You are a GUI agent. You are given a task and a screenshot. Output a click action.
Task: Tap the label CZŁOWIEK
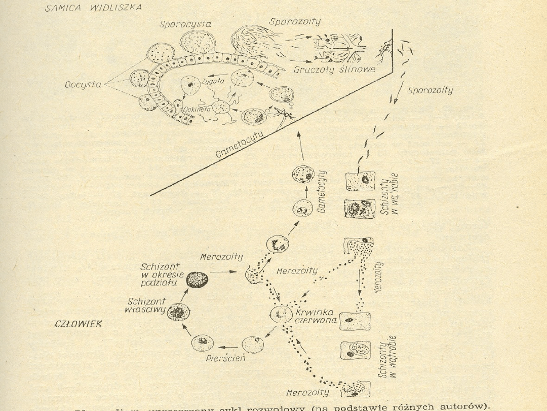pyautogui.click(x=79, y=324)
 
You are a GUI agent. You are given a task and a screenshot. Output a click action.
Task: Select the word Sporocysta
pyautogui.click(x=185, y=24)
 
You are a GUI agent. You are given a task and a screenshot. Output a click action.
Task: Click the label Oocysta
pyautogui.click(x=83, y=86)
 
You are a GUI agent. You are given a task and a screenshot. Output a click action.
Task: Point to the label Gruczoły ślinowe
pyautogui.click(x=335, y=70)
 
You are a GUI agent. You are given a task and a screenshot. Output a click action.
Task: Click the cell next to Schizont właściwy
pyautogui.click(x=178, y=311)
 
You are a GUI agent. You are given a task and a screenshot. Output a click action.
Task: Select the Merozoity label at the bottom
pyautogui.click(x=307, y=392)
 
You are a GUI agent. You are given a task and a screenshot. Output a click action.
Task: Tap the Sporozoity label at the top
pyautogui.click(x=294, y=22)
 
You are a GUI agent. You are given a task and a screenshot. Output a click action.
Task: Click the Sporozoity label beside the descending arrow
pyautogui.click(x=430, y=90)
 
